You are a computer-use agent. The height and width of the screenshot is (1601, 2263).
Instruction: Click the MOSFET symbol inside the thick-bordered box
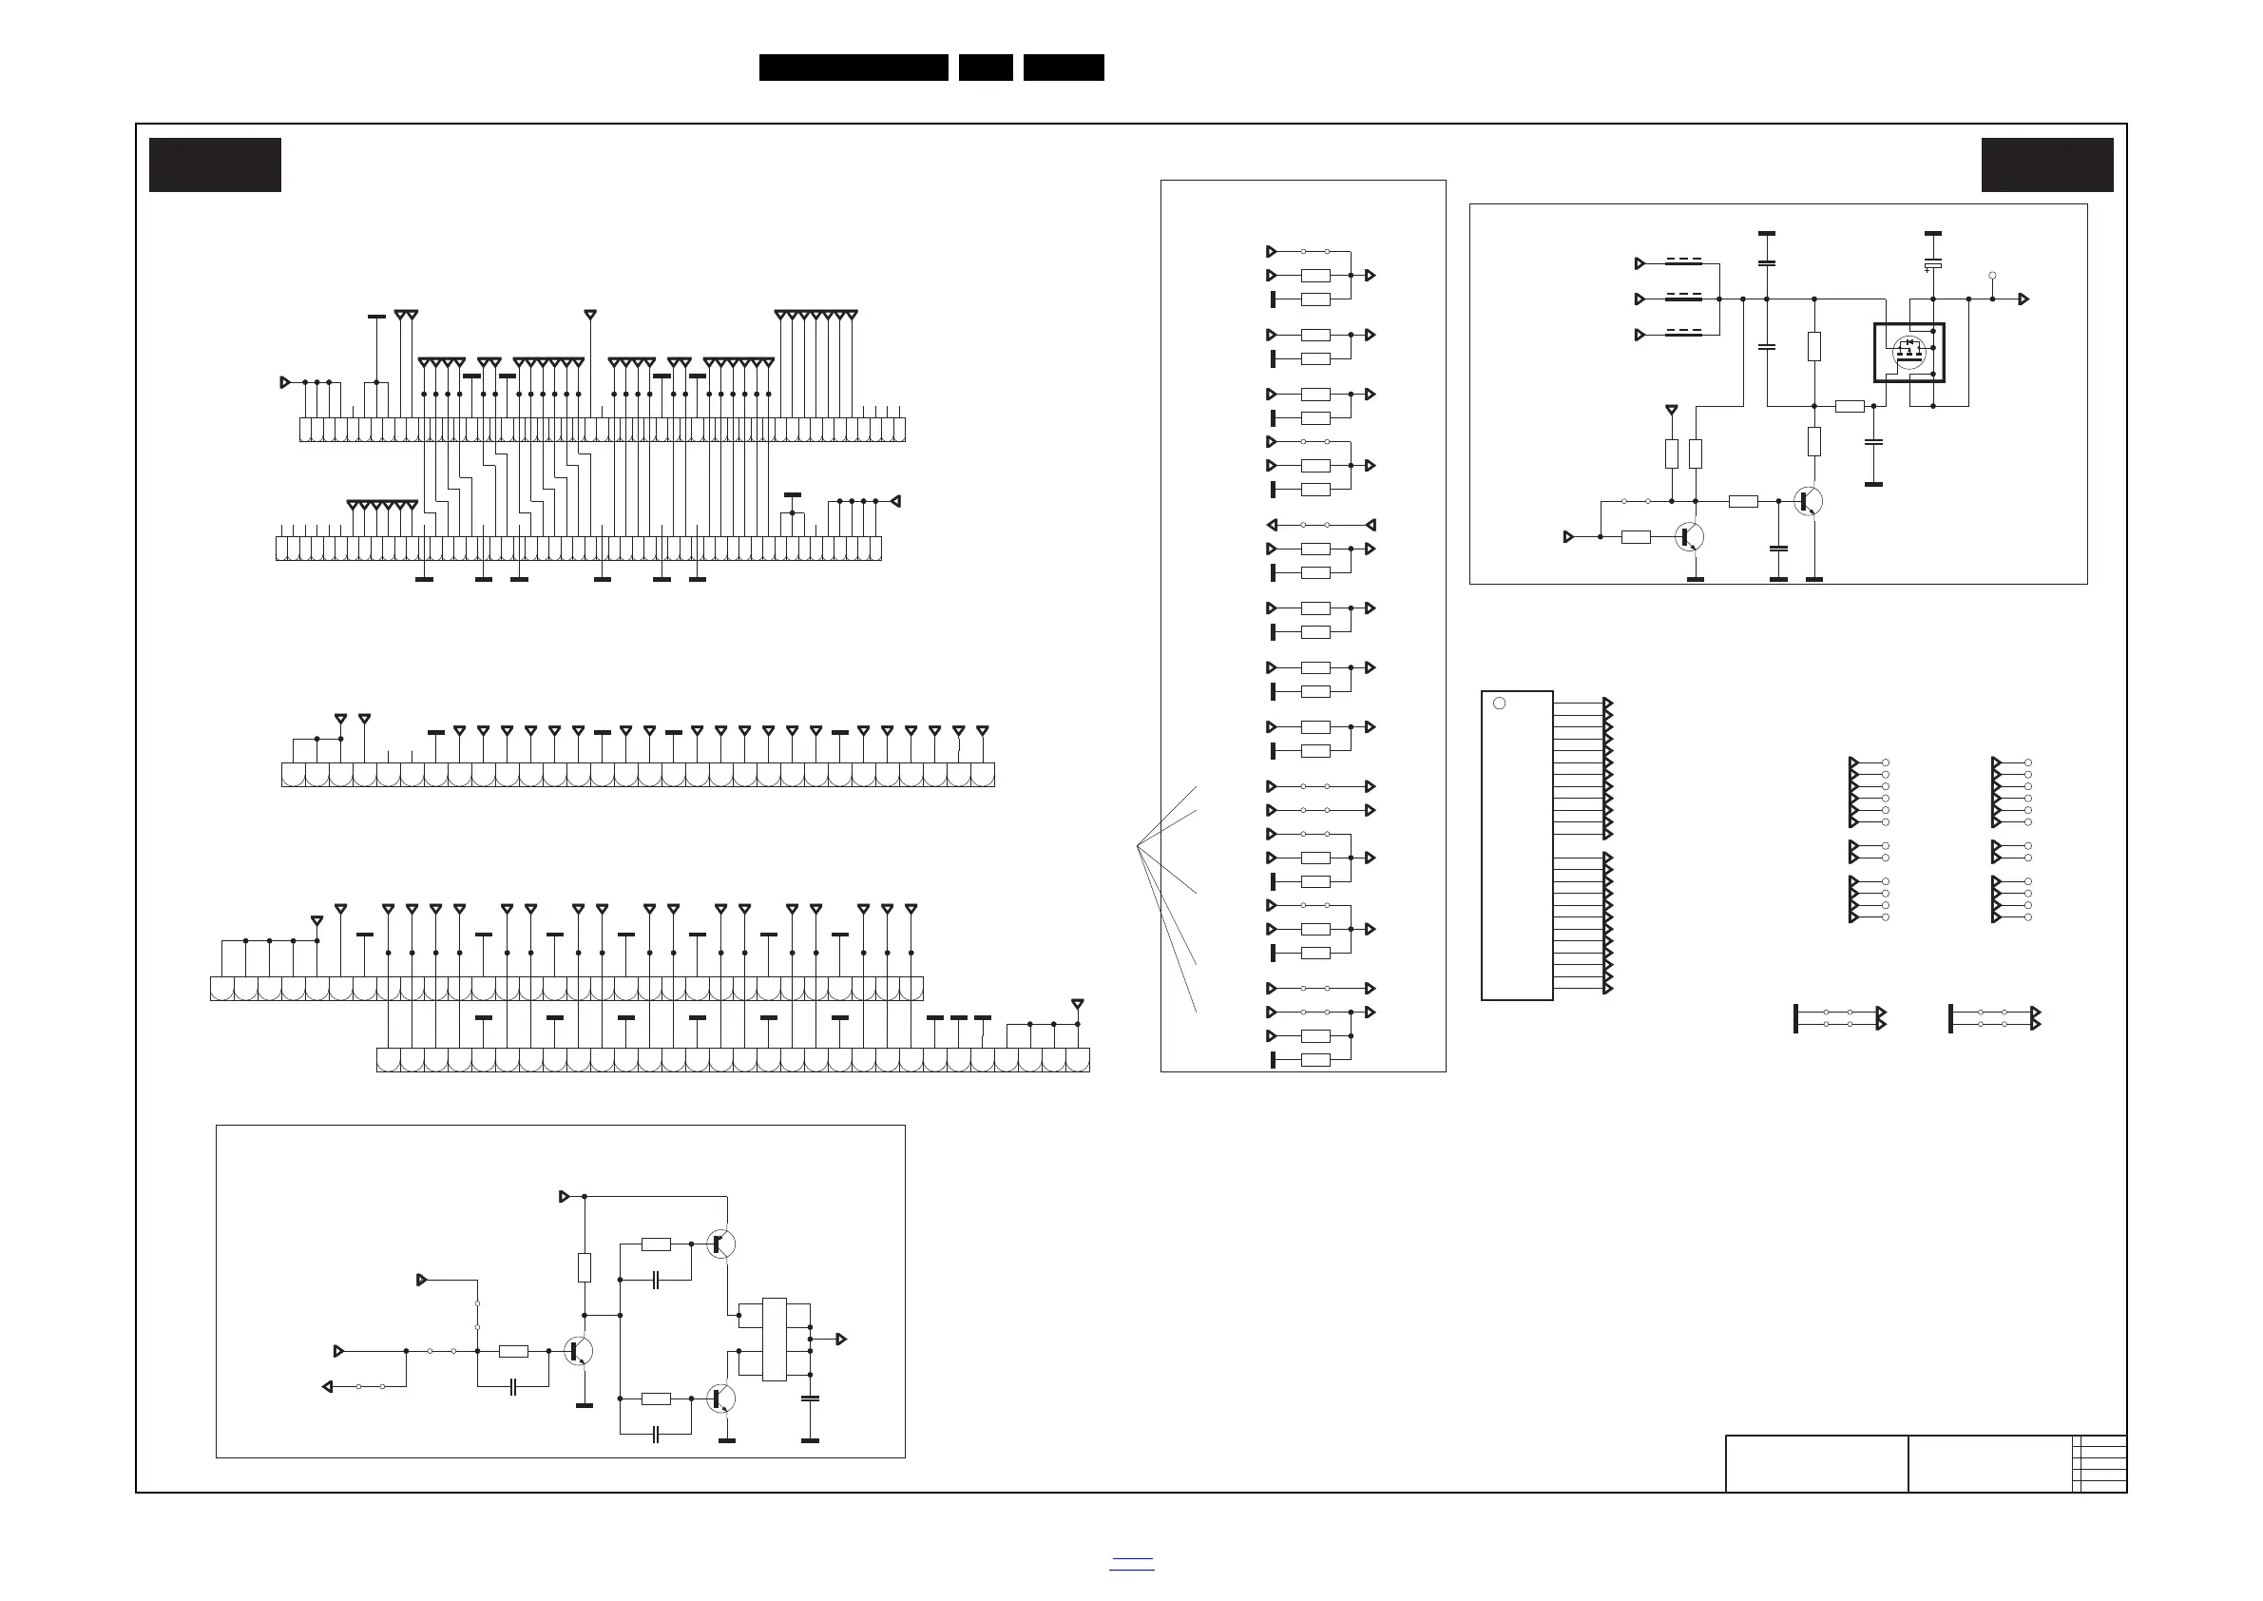point(1909,352)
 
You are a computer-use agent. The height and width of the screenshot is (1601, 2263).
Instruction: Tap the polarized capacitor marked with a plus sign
point(1933,264)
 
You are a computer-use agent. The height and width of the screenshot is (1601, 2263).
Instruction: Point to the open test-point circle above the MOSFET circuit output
point(1992,276)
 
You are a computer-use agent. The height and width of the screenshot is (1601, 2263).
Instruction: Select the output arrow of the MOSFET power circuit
point(2023,299)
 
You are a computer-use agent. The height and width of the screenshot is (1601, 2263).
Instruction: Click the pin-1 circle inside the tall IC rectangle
point(1499,703)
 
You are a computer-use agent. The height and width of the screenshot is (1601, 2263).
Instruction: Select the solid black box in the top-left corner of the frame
point(215,164)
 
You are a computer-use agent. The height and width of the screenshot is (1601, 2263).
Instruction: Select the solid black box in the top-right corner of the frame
point(2047,164)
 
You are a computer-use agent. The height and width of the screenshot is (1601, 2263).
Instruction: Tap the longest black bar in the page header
point(853,68)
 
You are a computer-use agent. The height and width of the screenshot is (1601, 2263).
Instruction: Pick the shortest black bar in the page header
point(986,68)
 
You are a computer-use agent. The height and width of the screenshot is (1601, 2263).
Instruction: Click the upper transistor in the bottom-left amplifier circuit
point(720,1244)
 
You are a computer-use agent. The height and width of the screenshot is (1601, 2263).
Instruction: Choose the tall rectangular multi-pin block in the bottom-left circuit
point(774,1339)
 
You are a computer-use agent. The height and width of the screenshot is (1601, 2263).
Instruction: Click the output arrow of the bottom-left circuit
point(842,1339)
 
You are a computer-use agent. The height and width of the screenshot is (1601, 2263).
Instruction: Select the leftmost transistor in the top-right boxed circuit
point(1688,536)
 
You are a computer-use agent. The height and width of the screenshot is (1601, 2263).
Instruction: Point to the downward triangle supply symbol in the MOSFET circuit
point(1671,409)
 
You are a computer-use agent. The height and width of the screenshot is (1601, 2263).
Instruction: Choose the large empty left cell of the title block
point(1815,1464)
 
